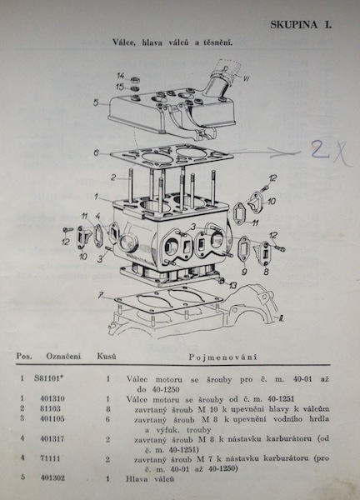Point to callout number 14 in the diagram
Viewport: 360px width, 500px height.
pos(120,76)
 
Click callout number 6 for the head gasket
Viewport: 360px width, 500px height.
pos(97,153)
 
